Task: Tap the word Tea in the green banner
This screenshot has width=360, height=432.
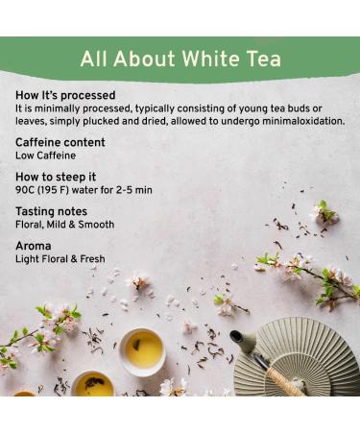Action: point(261,60)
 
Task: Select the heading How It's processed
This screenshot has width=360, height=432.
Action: point(65,96)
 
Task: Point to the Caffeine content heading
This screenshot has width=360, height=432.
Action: point(60,143)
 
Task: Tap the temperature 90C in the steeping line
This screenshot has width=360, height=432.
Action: point(26,190)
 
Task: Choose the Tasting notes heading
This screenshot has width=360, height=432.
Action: point(51,212)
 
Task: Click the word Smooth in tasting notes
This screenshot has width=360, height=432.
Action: point(95,225)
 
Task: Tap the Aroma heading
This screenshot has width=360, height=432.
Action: point(34,247)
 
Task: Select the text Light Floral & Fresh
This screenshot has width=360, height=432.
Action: point(60,259)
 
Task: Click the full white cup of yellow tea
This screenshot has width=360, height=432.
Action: point(142,351)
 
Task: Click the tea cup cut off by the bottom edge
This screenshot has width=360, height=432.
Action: point(93,385)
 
